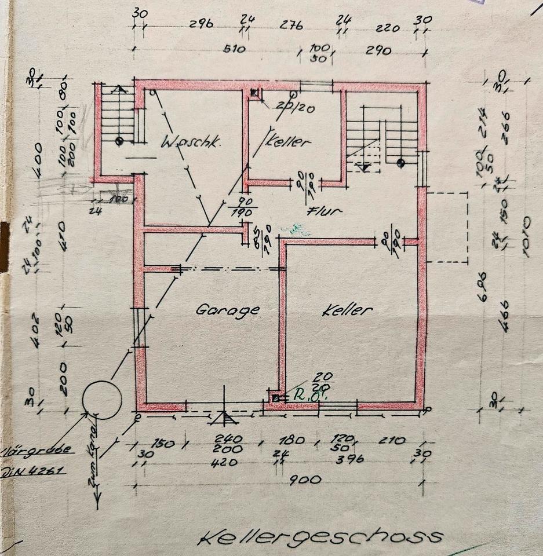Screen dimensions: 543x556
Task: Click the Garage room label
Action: click(x=227, y=310)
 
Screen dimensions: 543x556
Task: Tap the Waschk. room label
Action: click(x=191, y=141)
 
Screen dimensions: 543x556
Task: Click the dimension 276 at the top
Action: click(x=292, y=26)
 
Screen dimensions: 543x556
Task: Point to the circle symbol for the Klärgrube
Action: click(x=102, y=399)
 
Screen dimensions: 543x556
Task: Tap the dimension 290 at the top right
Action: click(x=378, y=51)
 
